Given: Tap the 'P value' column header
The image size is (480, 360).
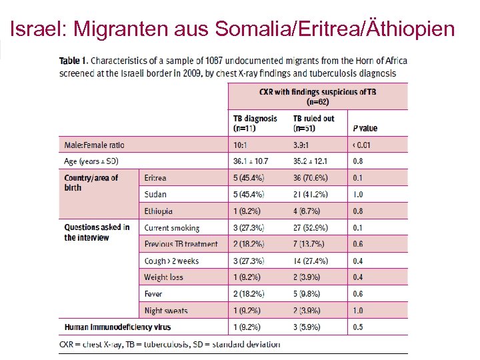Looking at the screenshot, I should (x=364, y=128).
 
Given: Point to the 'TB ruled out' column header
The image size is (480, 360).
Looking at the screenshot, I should (x=313, y=123).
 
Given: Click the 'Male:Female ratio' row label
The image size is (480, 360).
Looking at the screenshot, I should (x=94, y=145).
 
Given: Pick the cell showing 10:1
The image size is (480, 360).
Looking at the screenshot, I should (x=241, y=145).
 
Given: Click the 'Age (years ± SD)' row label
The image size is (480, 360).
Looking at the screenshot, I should (x=91, y=161).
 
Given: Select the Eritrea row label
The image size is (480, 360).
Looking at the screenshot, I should (x=155, y=178).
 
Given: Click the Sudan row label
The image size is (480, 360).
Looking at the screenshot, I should (x=155, y=195).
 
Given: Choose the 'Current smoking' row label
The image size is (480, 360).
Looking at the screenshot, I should (x=171, y=228).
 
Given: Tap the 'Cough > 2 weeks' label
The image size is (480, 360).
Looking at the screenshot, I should (x=171, y=261).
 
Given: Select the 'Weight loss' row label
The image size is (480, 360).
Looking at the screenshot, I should (x=163, y=277).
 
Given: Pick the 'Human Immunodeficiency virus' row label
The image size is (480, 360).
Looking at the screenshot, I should (x=117, y=327).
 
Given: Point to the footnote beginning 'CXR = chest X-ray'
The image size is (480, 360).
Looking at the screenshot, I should (x=169, y=344).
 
